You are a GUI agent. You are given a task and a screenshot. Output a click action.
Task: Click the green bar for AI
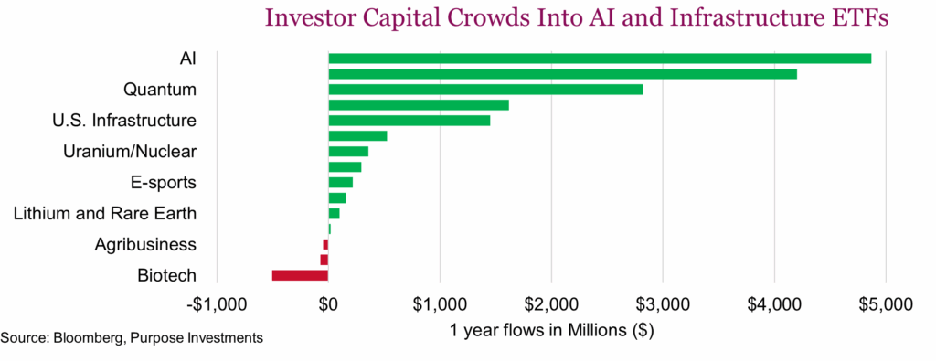pyautogui.click(x=600, y=59)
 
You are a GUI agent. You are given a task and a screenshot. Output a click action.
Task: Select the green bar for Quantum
pyautogui.click(x=485, y=90)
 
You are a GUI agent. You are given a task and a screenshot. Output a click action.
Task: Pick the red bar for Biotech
pyautogui.click(x=300, y=275)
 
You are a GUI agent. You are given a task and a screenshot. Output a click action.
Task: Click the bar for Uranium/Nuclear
pyautogui.click(x=348, y=152)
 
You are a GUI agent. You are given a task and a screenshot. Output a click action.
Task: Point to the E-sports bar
pyautogui.click(x=340, y=183)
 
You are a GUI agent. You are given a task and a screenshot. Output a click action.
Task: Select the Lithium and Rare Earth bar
pyautogui.click(x=334, y=213)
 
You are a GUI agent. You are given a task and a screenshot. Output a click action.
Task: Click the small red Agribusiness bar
pyautogui.click(x=325, y=244)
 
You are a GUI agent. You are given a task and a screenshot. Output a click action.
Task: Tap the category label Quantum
pyautogui.click(x=159, y=90)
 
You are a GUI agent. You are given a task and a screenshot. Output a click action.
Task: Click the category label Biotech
pyautogui.click(x=166, y=275)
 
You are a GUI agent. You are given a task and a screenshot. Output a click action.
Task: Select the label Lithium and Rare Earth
pyautogui.click(x=104, y=214)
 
